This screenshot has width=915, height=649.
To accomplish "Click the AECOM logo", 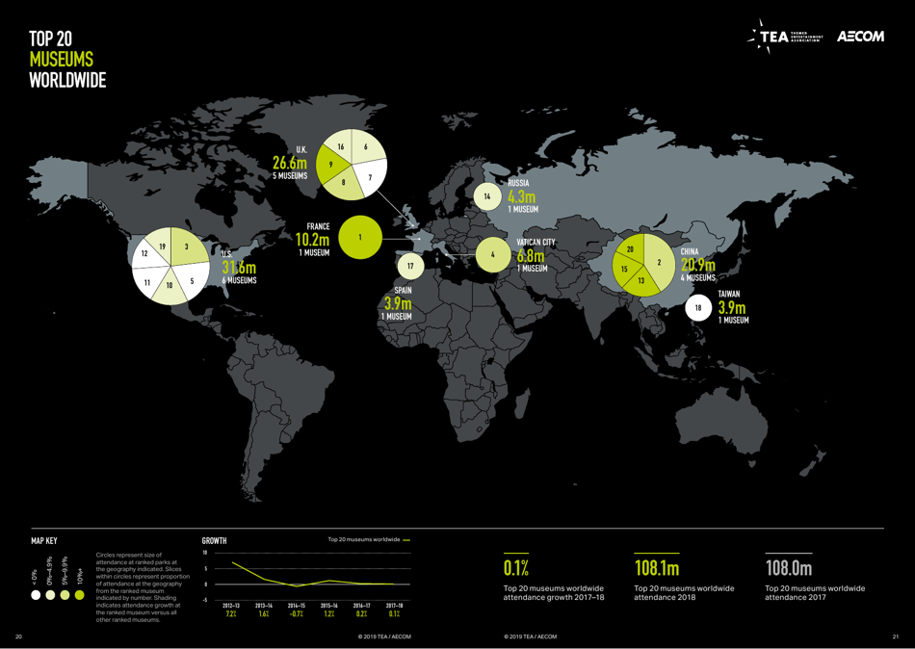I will click(860, 37).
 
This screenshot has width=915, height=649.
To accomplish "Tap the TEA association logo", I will click(788, 37).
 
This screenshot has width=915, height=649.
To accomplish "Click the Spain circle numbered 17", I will click(410, 265).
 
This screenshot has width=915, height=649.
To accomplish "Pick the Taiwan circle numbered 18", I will click(698, 308).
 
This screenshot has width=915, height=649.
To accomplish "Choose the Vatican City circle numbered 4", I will click(492, 254).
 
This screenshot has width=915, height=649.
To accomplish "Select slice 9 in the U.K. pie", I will click(332, 165).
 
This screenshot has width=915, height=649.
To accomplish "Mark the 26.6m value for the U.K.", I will click(289, 163).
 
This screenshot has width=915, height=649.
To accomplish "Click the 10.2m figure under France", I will click(313, 239).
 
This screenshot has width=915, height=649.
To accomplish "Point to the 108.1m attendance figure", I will click(657, 566).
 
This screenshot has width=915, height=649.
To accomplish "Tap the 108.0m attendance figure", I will click(789, 566).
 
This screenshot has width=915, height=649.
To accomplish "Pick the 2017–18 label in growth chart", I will click(393, 604).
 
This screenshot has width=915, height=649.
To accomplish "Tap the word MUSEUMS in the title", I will click(61, 60).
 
